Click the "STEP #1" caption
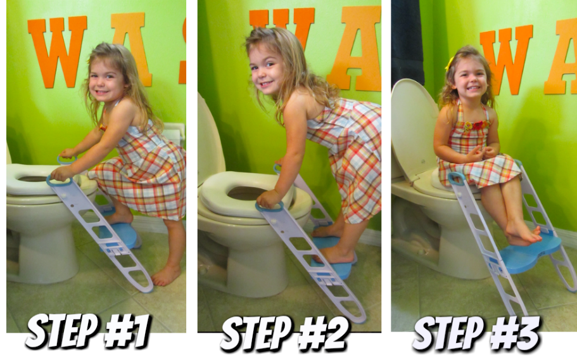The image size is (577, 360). (88, 331)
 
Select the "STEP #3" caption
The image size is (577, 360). (476, 334)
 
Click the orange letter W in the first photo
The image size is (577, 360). (58, 51)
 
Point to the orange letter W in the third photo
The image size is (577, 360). (507, 60)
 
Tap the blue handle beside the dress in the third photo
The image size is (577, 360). (456, 179)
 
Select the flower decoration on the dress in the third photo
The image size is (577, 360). (477, 125)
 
